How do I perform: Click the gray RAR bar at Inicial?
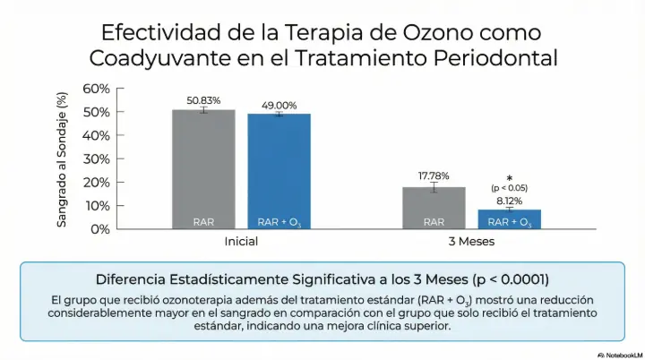(x=203, y=169)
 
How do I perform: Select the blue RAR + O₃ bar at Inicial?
(x=279, y=171)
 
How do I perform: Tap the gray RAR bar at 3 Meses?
(x=434, y=208)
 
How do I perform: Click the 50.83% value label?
(x=203, y=99)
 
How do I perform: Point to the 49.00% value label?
(x=279, y=105)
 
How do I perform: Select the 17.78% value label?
(x=434, y=176)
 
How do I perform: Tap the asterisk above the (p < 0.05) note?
(x=509, y=178)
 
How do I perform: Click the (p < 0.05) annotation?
(x=509, y=188)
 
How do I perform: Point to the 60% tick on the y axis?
(x=96, y=88)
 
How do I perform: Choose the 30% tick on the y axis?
(x=96, y=159)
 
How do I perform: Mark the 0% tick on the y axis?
(x=99, y=229)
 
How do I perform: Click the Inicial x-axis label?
(x=241, y=242)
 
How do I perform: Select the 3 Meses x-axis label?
(x=471, y=242)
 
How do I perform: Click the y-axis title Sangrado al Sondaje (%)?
(x=62, y=159)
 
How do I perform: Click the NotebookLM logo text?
(x=617, y=353)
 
